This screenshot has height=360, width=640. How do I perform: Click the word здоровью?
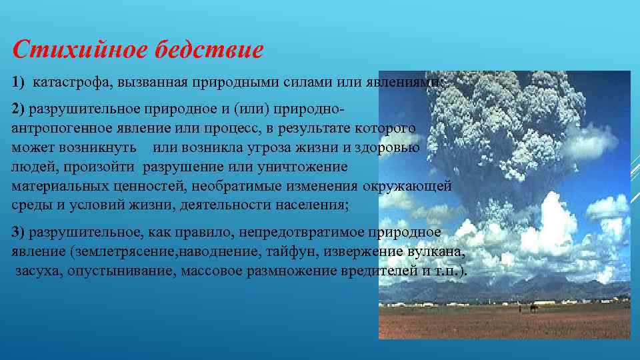coord(390,147)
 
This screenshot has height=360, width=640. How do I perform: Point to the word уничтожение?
coord(309,167)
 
